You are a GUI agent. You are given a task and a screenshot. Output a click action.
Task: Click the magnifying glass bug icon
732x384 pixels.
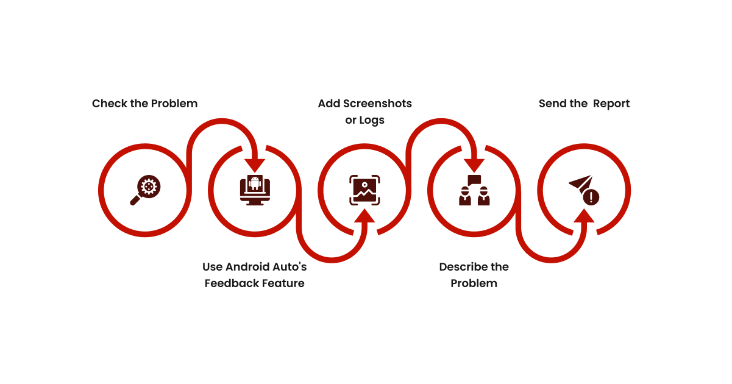(x=145, y=190)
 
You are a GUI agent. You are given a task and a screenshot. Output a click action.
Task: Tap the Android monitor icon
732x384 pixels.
(x=255, y=190)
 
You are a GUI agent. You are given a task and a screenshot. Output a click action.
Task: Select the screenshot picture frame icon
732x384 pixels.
(x=364, y=190)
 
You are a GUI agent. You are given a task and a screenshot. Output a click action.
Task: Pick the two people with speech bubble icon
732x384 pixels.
(x=474, y=190)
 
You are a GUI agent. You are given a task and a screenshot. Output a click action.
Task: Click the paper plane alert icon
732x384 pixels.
(x=584, y=190)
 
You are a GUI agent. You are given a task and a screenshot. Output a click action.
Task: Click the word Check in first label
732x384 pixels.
(x=109, y=104)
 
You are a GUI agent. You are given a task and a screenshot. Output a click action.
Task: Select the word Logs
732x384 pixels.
(x=372, y=120)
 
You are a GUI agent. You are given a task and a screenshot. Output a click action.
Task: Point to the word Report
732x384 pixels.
(x=611, y=104)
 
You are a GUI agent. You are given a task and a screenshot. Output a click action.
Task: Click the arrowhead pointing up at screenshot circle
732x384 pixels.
(x=364, y=216)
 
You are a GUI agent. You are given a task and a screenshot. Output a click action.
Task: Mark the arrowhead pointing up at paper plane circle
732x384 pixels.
(x=584, y=216)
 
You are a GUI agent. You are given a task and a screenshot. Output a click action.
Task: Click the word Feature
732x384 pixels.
(x=283, y=283)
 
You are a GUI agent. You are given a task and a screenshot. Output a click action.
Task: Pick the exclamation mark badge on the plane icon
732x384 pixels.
(x=591, y=197)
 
